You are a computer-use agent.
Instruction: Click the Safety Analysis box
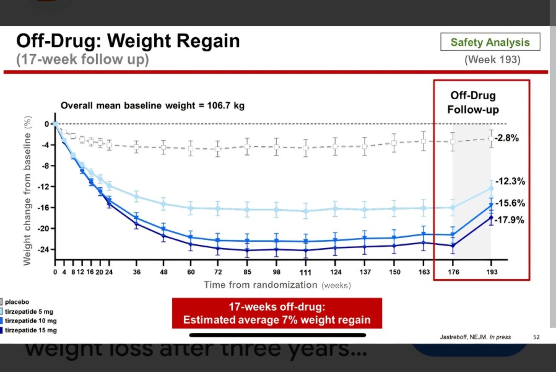click(x=490, y=42)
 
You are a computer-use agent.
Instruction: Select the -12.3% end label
click(x=511, y=181)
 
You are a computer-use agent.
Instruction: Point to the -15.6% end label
click(x=511, y=203)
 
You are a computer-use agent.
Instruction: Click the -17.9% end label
click(x=511, y=219)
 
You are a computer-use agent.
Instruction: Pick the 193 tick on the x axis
click(x=491, y=272)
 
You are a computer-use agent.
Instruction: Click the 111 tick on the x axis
click(x=305, y=273)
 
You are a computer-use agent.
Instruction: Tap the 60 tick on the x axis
click(x=191, y=272)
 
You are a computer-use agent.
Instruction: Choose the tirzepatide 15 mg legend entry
click(x=30, y=330)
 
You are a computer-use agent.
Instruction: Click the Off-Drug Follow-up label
click(x=473, y=103)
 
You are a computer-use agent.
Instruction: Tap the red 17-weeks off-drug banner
click(x=277, y=313)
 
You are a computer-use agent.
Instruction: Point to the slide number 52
click(x=536, y=337)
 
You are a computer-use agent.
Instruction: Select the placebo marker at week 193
click(x=491, y=138)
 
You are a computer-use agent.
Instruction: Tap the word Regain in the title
click(x=202, y=42)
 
